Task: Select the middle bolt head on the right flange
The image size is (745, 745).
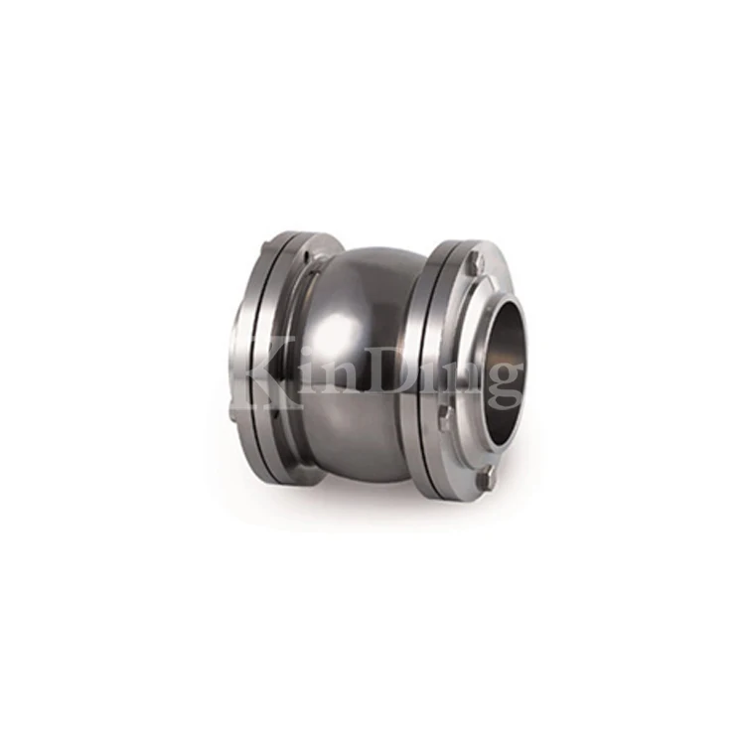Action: [444, 417]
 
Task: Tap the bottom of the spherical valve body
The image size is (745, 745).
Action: [363, 467]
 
